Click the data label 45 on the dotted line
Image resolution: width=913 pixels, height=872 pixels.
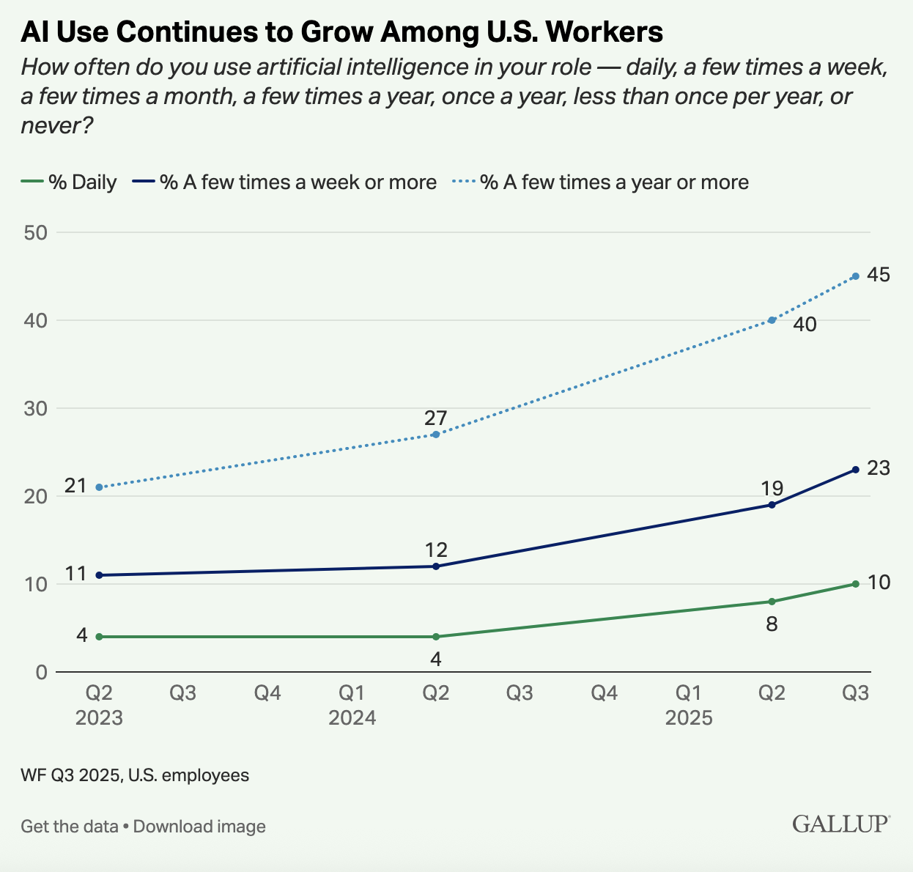click(x=878, y=275)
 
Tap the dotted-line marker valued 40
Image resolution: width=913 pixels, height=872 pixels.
click(x=772, y=320)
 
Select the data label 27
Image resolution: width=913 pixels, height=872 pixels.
click(x=435, y=418)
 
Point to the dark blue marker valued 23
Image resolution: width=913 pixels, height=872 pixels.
click(x=856, y=470)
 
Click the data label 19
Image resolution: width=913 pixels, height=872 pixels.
click(x=772, y=488)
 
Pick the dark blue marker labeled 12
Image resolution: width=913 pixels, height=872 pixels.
click(x=436, y=566)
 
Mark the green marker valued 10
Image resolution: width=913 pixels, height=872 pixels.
click(x=856, y=584)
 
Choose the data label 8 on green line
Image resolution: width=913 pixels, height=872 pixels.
click(x=772, y=625)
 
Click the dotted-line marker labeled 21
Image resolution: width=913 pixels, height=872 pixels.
click(x=99, y=487)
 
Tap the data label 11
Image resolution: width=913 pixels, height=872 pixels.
click(x=76, y=574)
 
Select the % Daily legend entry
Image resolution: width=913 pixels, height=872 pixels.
click(x=69, y=182)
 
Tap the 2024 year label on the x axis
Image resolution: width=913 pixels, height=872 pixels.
click(x=352, y=718)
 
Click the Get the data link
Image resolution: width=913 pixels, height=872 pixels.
click(x=70, y=827)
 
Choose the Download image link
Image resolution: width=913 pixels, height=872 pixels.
click(x=199, y=827)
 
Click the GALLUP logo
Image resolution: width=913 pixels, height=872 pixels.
click(x=841, y=824)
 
